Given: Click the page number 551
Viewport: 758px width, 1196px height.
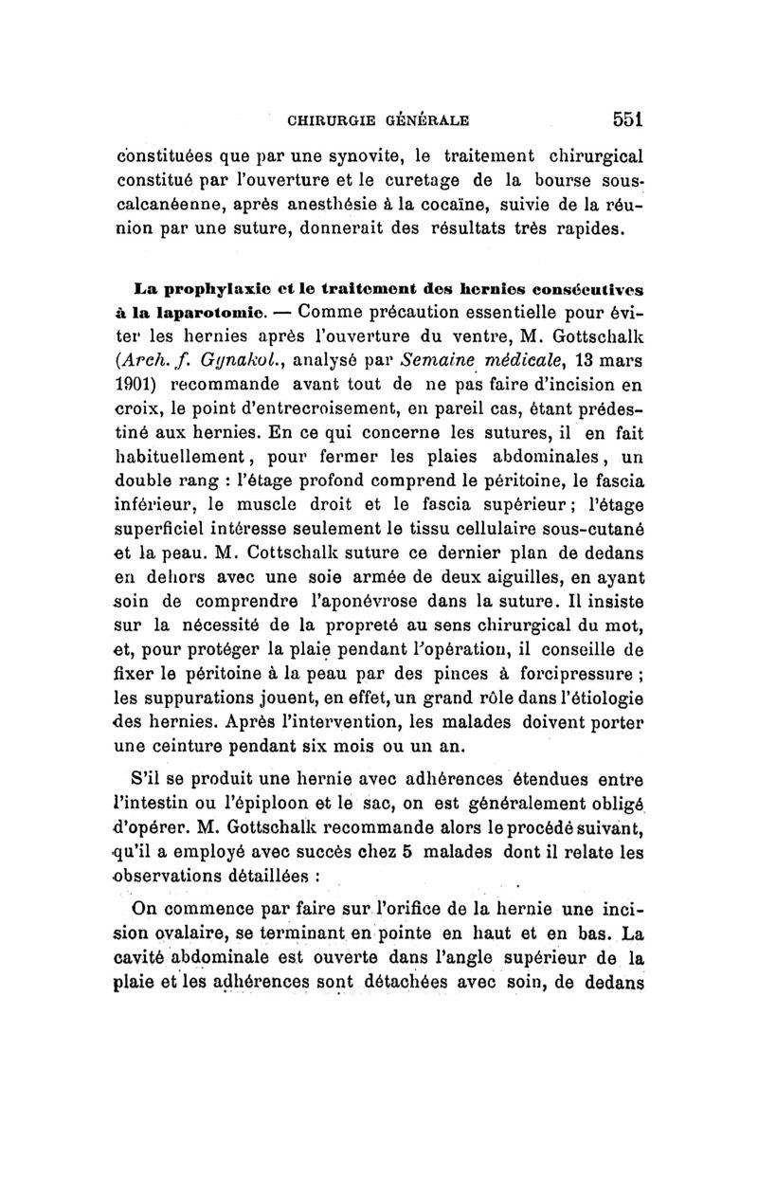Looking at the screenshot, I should [x=627, y=120].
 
